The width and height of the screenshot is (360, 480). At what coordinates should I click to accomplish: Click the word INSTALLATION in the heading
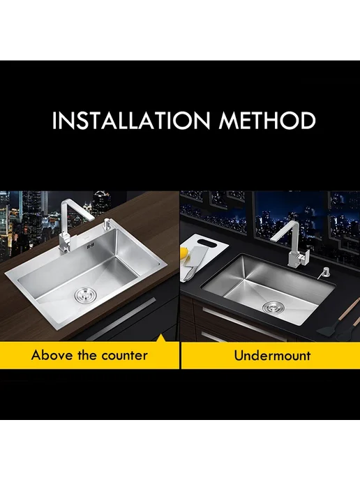[131, 120]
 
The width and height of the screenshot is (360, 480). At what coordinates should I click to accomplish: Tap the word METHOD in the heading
[267, 120]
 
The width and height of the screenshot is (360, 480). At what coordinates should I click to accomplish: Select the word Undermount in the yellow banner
[272, 355]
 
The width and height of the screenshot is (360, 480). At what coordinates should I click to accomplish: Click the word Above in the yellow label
[52, 355]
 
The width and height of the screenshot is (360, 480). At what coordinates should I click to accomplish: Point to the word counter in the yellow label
[125, 356]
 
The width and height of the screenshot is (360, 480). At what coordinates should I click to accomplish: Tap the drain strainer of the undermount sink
[271, 306]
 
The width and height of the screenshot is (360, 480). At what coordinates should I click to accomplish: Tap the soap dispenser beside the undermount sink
[322, 272]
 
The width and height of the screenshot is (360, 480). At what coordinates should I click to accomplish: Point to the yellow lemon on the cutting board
[185, 253]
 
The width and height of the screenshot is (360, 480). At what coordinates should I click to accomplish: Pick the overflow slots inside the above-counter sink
[91, 245]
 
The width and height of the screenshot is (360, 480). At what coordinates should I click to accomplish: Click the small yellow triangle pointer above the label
[161, 338]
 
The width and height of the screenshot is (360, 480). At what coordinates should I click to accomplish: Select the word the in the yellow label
[87, 355]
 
